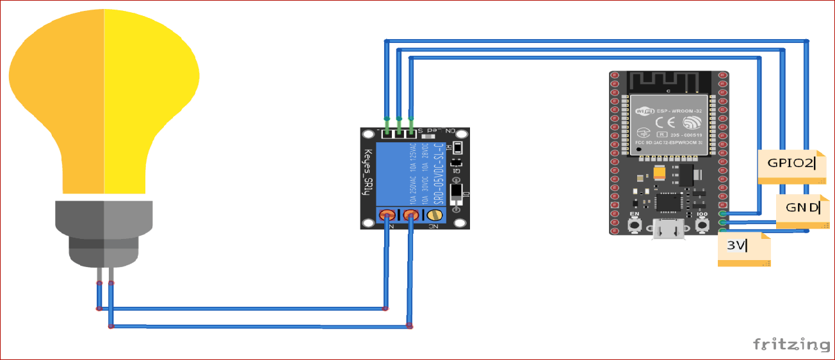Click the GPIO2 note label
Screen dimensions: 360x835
tap(791, 164)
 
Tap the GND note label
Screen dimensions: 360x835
tap(802, 208)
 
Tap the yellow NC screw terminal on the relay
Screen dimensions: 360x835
tap(437, 216)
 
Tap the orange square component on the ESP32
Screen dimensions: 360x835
tap(660, 172)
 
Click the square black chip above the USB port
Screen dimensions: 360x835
tap(668, 202)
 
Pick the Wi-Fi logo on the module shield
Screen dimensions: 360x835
tap(643, 111)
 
